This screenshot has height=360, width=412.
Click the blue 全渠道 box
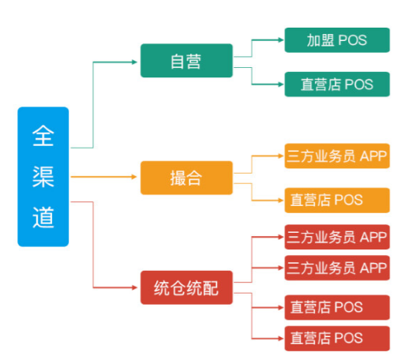(43, 177)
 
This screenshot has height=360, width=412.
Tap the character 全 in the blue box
(43, 136)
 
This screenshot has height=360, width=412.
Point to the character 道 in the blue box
(43, 217)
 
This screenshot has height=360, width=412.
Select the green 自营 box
(186, 61)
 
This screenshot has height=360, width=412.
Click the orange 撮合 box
(186, 178)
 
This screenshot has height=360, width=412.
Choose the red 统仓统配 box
(186, 287)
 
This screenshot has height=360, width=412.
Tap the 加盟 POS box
(337, 40)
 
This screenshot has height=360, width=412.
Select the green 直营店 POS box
(337, 84)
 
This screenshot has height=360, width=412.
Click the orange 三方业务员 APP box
(337, 156)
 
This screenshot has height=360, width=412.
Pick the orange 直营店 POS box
(337, 201)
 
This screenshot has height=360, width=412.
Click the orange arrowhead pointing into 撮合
(134, 177)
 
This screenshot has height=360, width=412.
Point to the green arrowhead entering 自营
(134, 62)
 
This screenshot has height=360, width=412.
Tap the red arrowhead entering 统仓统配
(134, 287)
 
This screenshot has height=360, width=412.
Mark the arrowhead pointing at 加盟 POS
(281, 40)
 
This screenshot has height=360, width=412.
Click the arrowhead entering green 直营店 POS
(281, 84)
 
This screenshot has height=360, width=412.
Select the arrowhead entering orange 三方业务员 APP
(281, 156)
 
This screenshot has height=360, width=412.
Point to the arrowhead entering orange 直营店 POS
(281, 201)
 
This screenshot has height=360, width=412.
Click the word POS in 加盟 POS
(352, 40)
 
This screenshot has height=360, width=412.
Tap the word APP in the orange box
(373, 156)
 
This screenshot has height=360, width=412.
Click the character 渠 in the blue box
(43, 177)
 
